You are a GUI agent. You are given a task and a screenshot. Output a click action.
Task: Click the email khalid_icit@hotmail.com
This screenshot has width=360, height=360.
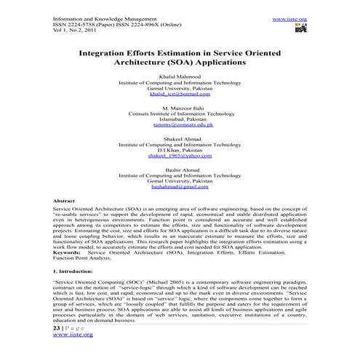180,94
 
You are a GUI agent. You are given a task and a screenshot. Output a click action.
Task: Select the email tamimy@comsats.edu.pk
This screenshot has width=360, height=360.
180,124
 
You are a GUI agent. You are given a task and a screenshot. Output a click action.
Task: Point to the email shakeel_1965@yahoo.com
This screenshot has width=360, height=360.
180,156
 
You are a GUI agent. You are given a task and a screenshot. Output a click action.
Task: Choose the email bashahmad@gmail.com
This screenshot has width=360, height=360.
180,187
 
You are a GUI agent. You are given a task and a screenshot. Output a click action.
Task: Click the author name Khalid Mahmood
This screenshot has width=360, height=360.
180,75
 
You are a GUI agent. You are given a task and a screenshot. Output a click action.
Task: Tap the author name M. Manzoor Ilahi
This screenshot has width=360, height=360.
180,106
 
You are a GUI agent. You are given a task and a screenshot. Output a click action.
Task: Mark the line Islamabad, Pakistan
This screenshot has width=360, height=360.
180,119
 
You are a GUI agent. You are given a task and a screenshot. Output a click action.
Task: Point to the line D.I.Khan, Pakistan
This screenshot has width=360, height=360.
180,150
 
